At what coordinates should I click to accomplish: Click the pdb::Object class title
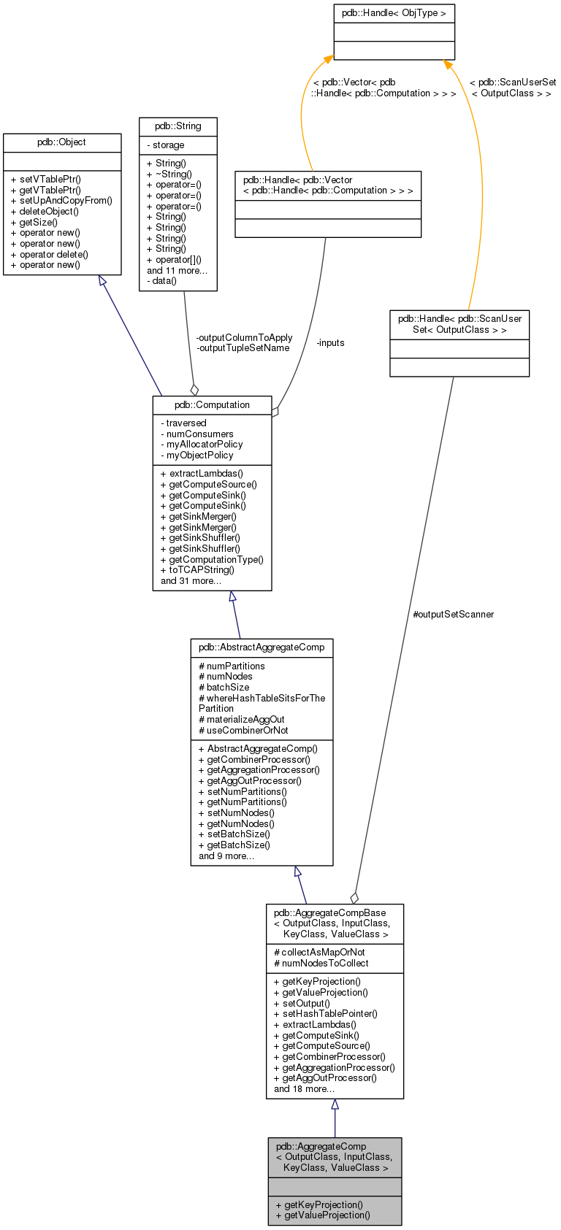pos(62,142)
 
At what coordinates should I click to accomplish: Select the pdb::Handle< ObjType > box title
pos(394,13)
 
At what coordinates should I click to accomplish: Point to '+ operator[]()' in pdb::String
pos(174,259)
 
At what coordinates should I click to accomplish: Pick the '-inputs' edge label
pos(330,342)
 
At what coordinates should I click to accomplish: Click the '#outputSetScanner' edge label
pos(453,614)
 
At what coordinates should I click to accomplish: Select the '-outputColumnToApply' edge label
pos(244,337)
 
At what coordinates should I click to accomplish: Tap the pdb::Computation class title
pos(212,404)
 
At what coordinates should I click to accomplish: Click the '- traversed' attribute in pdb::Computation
pos(183,423)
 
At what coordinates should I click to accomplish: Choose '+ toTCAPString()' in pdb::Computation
pos(197,570)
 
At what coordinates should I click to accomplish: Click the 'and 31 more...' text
pos(191,581)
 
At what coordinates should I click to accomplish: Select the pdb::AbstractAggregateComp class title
pos(262,647)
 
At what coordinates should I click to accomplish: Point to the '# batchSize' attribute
pos(224,687)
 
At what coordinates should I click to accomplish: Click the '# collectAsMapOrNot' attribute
pos(319,952)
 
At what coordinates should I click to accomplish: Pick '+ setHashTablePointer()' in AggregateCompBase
pos(325,1013)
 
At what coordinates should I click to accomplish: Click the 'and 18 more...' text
pos(304,1088)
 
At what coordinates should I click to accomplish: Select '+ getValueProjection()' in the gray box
pos(323,1215)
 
